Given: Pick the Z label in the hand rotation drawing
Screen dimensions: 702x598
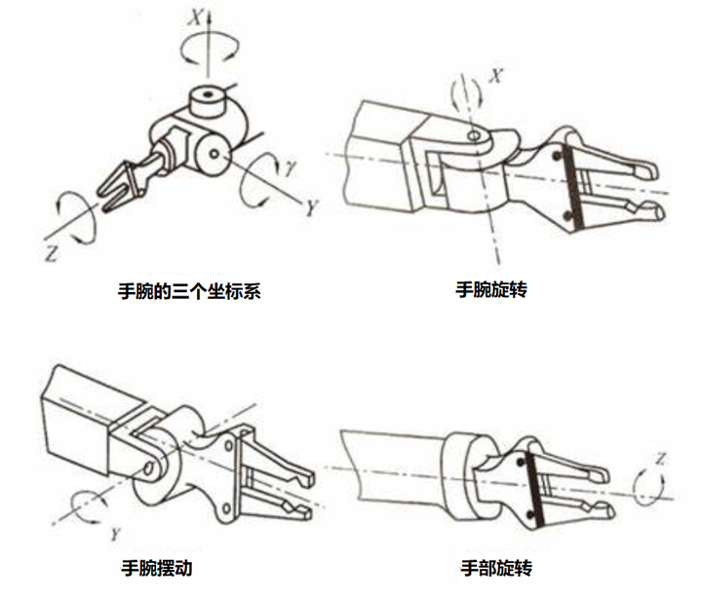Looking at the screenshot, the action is click(661, 457).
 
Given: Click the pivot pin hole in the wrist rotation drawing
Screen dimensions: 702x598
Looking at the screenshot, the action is click(474, 138).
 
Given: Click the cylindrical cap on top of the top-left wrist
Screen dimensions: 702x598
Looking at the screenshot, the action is click(207, 98).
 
